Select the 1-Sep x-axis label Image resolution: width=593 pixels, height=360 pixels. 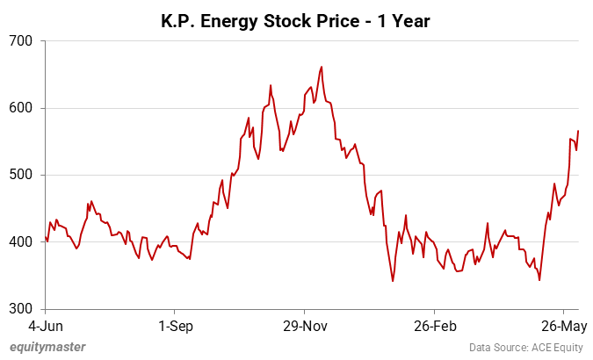[173, 327]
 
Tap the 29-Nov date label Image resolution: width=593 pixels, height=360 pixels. [304, 327]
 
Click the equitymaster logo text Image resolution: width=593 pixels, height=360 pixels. [47, 347]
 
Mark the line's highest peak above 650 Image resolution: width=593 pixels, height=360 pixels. [322, 67]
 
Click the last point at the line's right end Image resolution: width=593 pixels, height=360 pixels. [578, 131]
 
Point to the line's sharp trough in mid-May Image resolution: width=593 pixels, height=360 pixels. [539, 280]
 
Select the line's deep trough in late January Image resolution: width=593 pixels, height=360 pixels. [393, 281]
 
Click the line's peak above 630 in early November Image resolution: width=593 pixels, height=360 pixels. [271, 85]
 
